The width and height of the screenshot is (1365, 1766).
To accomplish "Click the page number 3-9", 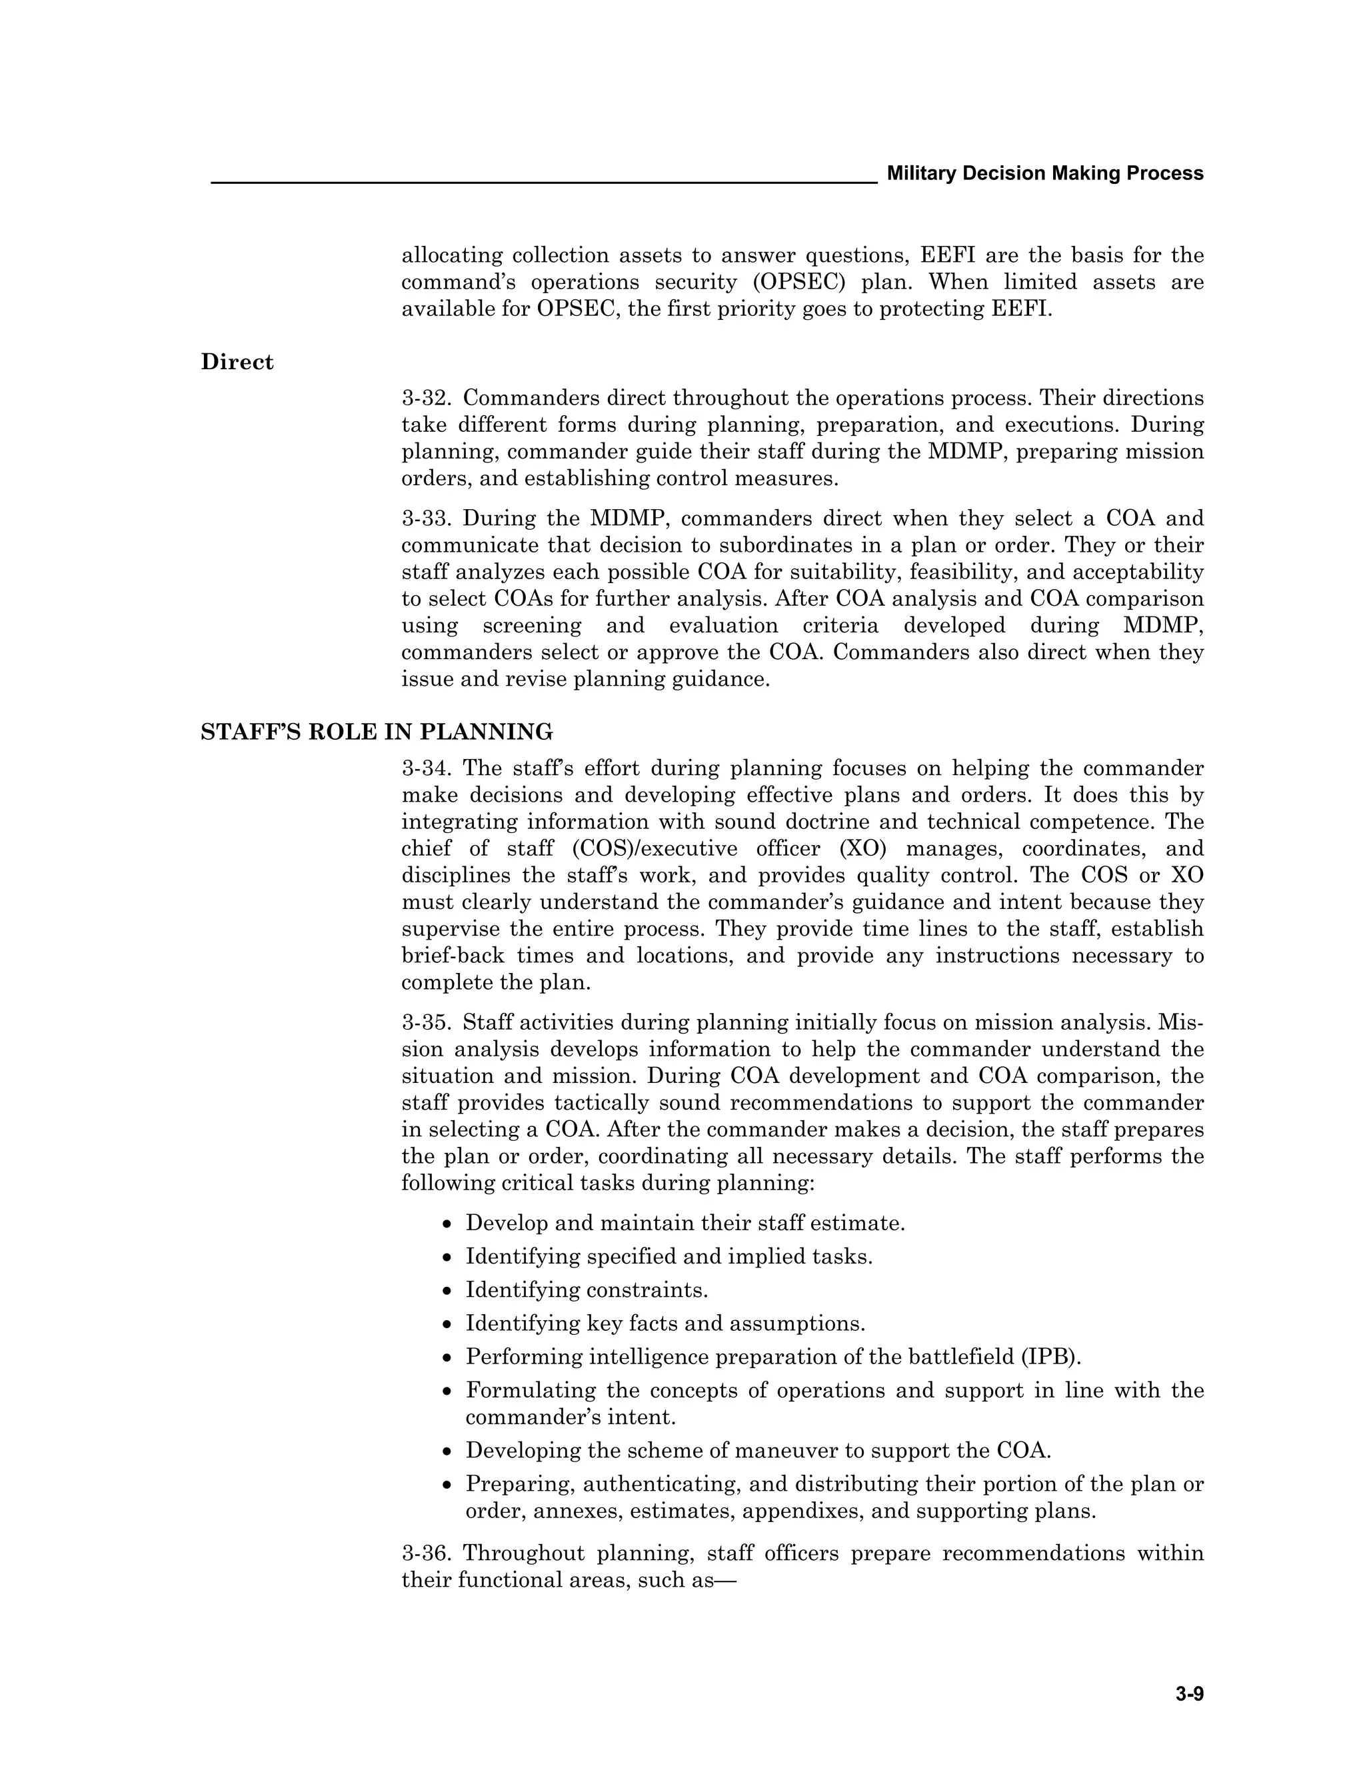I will click(x=1190, y=1694).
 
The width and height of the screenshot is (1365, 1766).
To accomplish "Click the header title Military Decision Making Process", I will click(x=1045, y=173).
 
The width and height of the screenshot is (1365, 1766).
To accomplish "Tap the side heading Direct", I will click(x=237, y=363).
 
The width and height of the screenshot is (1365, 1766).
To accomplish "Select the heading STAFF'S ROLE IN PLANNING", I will click(x=377, y=732).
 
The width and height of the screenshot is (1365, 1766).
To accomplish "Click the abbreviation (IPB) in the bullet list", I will click(x=1050, y=1357).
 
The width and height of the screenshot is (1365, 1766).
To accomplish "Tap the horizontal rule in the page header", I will click(x=543, y=183).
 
